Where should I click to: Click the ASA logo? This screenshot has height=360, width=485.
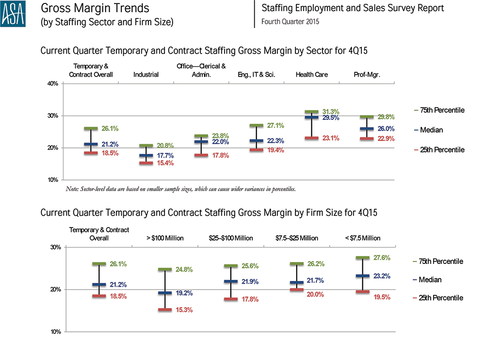(x=13, y=14)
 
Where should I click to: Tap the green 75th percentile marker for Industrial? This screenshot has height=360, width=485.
(x=146, y=146)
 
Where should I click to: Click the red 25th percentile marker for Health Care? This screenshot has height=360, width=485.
(x=311, y=138)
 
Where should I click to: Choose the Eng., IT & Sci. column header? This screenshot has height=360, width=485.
(x=257, y=75)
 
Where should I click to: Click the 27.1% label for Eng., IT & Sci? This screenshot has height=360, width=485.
(x=275, y=126)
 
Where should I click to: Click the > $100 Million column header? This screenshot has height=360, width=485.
(x=165, y=238)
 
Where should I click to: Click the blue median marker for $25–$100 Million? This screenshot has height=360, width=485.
(x=231, y=281)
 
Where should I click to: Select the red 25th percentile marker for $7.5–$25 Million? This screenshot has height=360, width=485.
(x=297, y=290)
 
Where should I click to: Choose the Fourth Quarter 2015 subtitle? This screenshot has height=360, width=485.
(x=290, y=22)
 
